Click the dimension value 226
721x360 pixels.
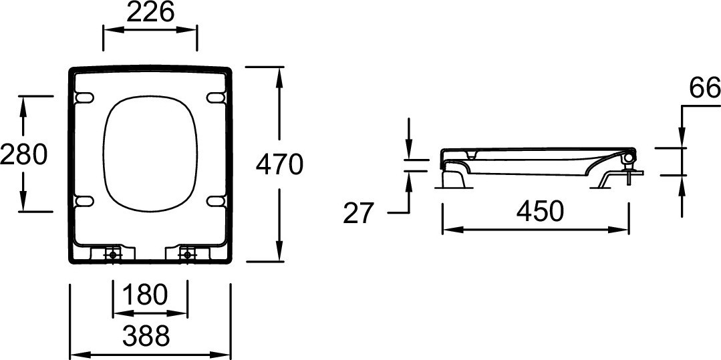coord(150,13)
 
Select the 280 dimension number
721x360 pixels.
coord(23,154)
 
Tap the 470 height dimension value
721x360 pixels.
coord(279,164)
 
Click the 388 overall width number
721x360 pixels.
coord(146,336)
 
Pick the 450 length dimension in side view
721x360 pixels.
coord(539,212)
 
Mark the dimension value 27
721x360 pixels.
coord(359,213)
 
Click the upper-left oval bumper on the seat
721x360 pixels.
coord(84,98)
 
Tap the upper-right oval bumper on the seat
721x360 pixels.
coord(216,98)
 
